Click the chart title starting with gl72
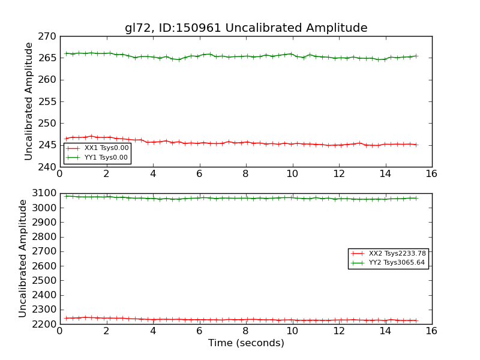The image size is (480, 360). click(x=246, y=28)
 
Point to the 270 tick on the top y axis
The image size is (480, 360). click(x=49, y=37)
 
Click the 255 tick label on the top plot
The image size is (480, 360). click(x=49, y=101)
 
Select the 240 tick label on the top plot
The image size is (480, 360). click(x=49, y=167)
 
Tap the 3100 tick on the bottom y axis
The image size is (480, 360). click(x=46, y=193)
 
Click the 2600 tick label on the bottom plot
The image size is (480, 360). click(x=46, y=266)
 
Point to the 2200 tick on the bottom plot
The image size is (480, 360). click(x=46, y=324)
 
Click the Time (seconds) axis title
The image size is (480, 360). click(x=246, y=343)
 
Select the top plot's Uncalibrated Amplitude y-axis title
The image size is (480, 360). click(x=29, y=101)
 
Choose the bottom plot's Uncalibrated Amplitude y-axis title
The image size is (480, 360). click(x=23, y=259)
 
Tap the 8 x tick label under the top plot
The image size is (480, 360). click(x=246, y=173)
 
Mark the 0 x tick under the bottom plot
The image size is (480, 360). click(x=60, y=331)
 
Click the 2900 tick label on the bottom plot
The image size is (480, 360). click(x=46, y=222)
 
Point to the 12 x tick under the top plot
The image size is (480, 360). click(x=339, y=173)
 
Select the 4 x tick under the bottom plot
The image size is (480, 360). click(x=153, y=331)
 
